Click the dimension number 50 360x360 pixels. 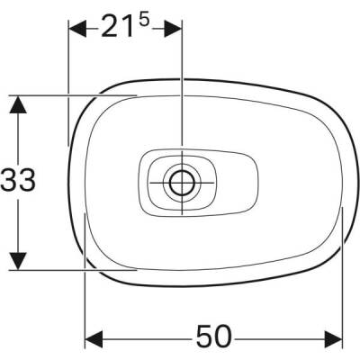coord(214,337)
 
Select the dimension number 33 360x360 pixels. coord(18,181)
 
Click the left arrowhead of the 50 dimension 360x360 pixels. coord(93,339)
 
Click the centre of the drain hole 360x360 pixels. coord(181,180)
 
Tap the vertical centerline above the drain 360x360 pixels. coord(181,90)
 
